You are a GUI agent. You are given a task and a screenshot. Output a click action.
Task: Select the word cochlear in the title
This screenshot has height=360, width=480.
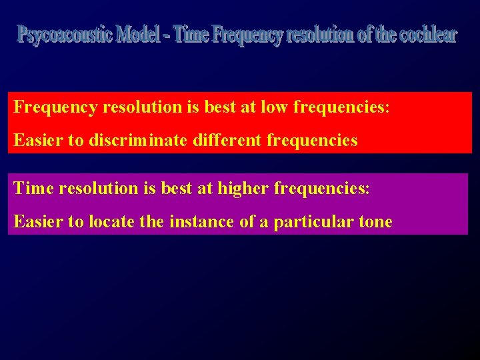pyautogui.click(x=428, y=34)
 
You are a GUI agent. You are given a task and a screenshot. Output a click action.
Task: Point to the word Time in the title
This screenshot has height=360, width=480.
pyautogui.click(x=191, y=34)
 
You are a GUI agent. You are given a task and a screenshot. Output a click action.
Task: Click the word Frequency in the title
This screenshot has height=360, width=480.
pyautogui.click(x=248, y=35)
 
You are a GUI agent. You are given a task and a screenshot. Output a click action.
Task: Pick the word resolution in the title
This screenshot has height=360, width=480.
pyautogui.click(x=320, y=34)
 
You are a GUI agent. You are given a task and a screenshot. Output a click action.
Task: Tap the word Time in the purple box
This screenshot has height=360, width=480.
pyautogui.click(x=34, y=188)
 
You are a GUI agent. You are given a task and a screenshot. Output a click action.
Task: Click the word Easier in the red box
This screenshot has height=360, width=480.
pyautogui.click(x=37, y=141)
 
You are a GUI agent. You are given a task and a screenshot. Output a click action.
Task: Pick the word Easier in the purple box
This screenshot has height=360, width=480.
pyautogui.click(x=37, y=221)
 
